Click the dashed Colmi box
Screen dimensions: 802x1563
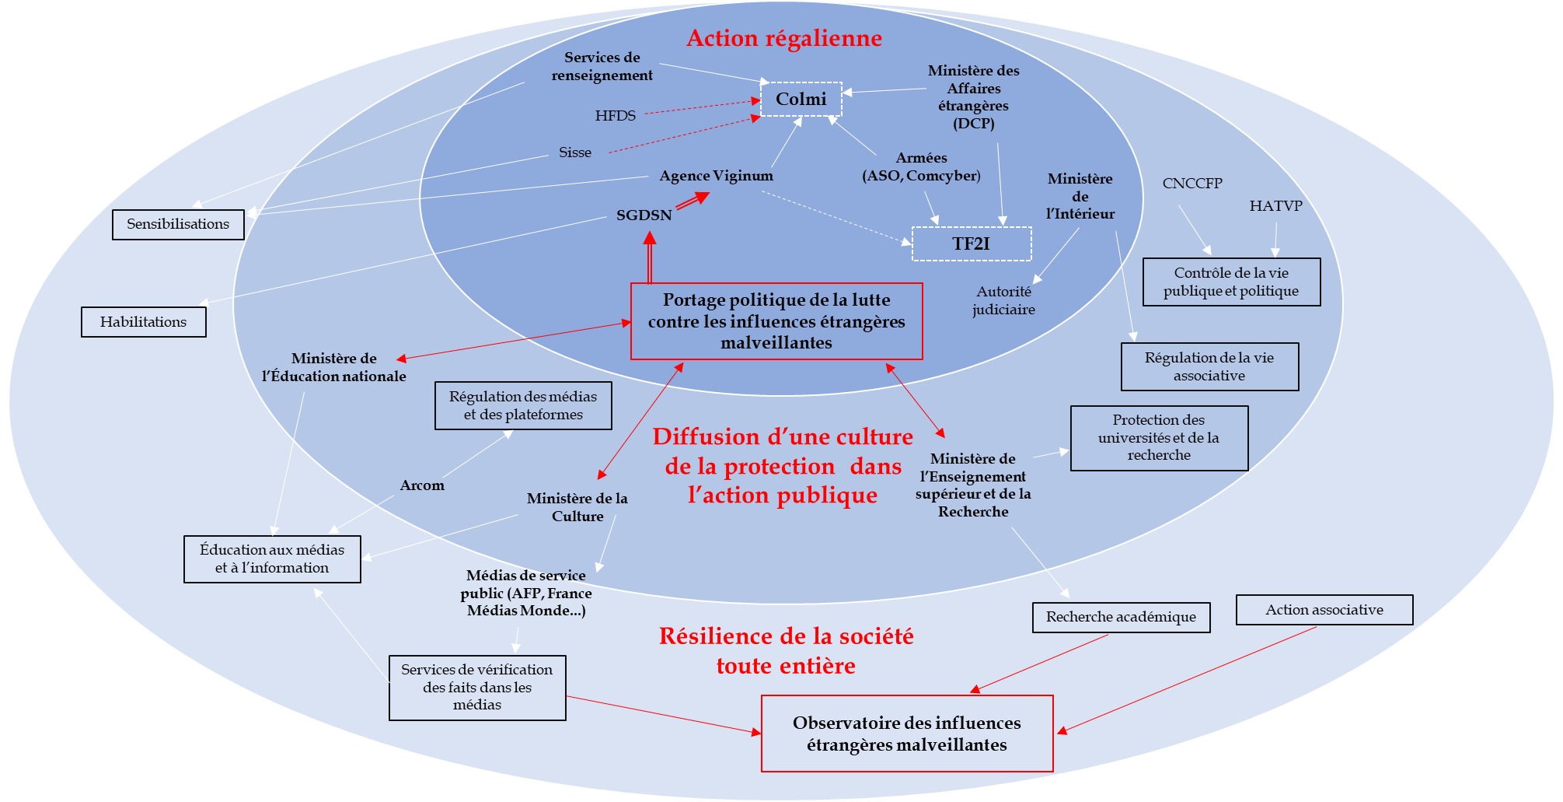point(801,99)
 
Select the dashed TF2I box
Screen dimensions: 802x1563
point(971,243)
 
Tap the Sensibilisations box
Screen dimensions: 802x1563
point(178,224)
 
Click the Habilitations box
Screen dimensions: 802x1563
point(143,322)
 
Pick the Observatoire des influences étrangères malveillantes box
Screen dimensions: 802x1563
point(906,734)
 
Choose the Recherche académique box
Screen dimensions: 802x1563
point(1121,617)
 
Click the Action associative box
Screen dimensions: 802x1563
point(1324,610)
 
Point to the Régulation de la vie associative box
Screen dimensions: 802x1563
point(1209,366)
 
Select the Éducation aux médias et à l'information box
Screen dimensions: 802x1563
point(272,559)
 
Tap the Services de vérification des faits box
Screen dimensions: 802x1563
point(477,687)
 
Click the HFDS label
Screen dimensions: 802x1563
point(615,116)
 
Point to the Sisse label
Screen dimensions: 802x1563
point(575,152)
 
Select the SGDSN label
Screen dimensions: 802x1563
point(644,215)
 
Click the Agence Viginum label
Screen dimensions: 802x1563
point(716,176)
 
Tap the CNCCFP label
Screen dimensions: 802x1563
point(1191,184)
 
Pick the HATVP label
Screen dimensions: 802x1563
point(1275,206)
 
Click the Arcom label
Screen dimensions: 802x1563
point(422,485)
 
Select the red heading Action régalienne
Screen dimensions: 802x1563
point(783,38)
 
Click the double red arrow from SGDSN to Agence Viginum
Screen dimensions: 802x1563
point(692,201)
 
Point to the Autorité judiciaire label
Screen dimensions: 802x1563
point(1003,300)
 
